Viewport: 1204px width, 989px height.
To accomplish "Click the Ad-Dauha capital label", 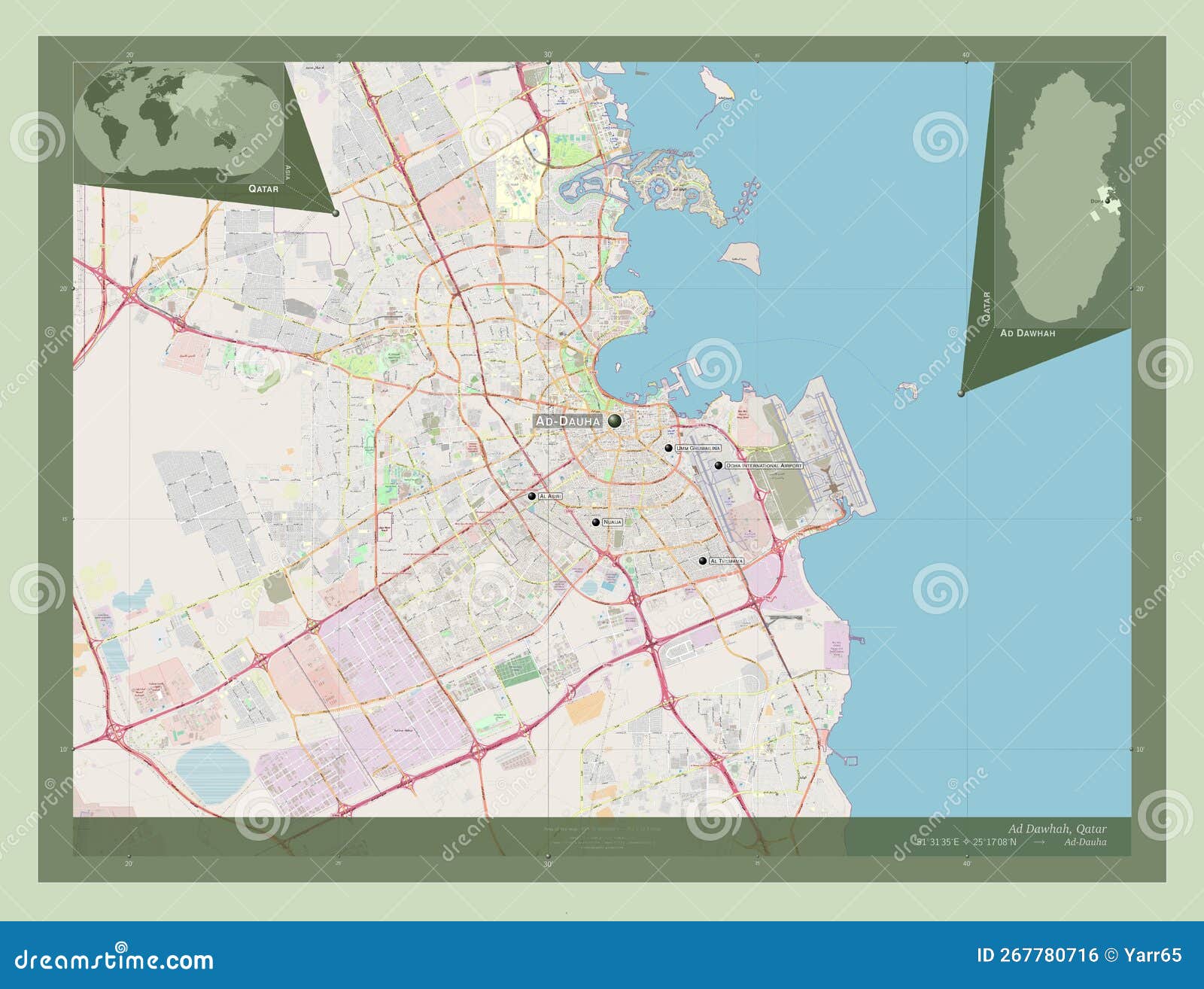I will coord(568,421).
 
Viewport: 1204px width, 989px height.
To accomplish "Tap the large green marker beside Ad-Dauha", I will coord(616,421).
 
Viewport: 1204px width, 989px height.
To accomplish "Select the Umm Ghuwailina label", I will coord(698,448).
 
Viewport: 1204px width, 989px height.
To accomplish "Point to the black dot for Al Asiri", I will coord(532,497).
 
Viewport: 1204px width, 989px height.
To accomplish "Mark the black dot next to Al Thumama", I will coord(703,561).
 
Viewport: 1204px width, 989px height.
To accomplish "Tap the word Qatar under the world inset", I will coord(263,189).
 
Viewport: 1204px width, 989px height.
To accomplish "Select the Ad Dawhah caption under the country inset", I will coord(1027,333).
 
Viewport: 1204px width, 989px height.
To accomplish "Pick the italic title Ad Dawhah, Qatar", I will coord(1057,829).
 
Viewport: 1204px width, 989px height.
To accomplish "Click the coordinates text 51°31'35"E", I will coord(938,842).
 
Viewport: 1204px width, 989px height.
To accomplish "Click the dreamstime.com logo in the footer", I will coord(114,960).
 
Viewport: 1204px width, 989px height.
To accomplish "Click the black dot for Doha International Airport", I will coord(719,466).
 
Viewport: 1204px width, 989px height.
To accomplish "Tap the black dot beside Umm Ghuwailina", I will coord(668,448).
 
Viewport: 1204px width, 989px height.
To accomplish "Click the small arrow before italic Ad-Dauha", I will coord(1039,842).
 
